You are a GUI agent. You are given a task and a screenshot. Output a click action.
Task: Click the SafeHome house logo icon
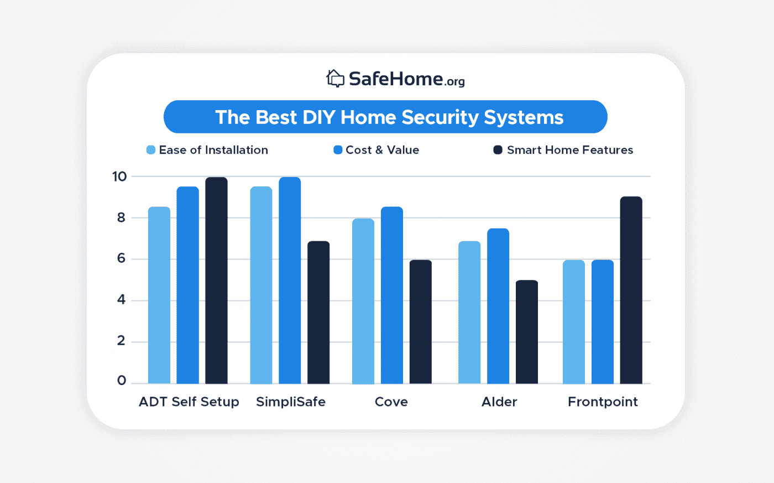click(x=335, y=79)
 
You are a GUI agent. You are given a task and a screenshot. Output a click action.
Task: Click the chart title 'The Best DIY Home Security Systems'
click(x=389, y=117)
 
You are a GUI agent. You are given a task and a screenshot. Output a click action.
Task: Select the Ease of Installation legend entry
click(x=207, y=150)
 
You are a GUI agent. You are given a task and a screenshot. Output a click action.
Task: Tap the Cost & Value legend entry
click(x=376, y=150)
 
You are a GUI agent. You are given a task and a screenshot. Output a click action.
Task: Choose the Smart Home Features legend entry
click(x=563, y=150)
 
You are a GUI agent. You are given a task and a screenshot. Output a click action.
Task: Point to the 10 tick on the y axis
click(x=119, y=177)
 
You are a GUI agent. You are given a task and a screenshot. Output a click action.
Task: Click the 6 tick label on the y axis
click(x=121, y=259)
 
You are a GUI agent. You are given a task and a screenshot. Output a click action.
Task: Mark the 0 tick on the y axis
click(x=122, y=381)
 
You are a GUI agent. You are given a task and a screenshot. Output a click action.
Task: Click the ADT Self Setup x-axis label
click(x=189, y=402)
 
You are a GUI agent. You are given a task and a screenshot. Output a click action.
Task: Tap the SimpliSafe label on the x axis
click(x=291, y=402)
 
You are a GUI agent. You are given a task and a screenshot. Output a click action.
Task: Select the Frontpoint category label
click(x=603, y=402)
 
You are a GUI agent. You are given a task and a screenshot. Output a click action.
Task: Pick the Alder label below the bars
click(x=499, y=402)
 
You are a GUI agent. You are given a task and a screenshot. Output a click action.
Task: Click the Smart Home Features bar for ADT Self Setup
click(x=216, y=281)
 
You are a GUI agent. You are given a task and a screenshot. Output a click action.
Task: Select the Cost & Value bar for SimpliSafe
click(x=290, y=281)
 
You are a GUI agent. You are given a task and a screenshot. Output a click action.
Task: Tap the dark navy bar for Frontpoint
click(x=631, y=290)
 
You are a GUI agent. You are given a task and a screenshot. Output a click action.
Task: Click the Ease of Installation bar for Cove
click(x=363, y=302)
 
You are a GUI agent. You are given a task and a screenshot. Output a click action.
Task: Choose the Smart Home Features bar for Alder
click(x=527, y=332)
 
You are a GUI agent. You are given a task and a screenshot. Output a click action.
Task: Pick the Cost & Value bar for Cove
click(x=392, y=295)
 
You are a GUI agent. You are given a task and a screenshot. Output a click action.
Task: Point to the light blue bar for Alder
click(x=469, y=313)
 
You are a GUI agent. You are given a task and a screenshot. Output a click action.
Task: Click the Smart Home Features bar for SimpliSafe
click(x=318, y=313)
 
